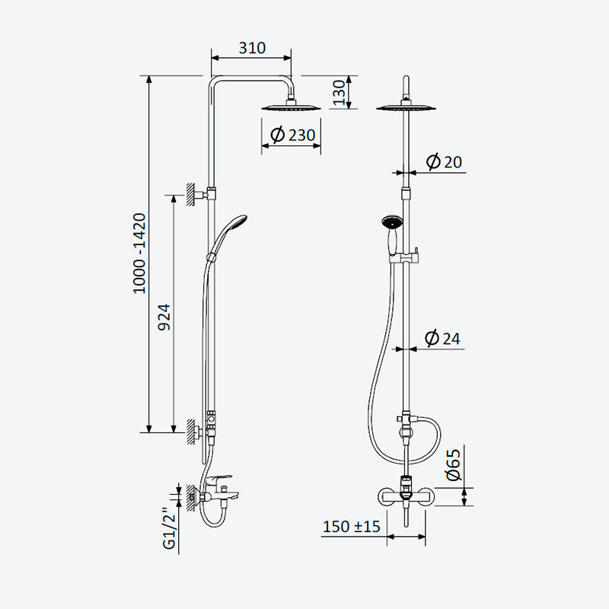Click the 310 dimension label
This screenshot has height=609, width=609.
click(x=252, y=48)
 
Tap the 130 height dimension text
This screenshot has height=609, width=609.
click(x=339, y=92)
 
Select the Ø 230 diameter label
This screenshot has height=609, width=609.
click(x=293, y=135)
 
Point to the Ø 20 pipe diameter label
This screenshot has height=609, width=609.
click(x=444, y=161)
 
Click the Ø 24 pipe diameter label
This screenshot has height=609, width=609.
click(x=442, y=338)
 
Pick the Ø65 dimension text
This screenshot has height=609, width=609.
click(x=453, y=464)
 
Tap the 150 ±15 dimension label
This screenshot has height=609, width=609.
click(x=352, y=527)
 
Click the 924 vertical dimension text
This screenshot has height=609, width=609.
click(x=164, y=317)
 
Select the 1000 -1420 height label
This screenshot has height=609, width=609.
click(x=139, y=253)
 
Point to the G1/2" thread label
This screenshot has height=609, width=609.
click(x=170, y=528)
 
